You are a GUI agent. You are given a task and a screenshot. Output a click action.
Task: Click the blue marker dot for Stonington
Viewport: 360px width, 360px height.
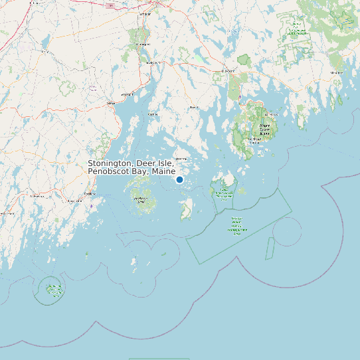[x=179, y=180]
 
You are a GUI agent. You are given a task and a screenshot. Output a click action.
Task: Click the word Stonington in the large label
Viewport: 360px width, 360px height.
[x=110, y=163]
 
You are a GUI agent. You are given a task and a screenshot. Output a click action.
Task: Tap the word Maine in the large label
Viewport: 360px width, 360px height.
[x=163, y=172]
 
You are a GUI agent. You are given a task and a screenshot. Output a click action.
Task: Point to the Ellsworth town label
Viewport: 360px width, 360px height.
[x=228, y=71]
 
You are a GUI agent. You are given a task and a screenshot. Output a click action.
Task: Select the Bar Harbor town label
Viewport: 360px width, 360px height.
[x=271, y=114]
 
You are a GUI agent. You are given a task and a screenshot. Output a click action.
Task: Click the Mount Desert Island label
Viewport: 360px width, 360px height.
[x=265, y=129]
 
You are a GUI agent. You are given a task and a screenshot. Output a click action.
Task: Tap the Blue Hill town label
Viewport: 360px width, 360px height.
[x=194, y=107]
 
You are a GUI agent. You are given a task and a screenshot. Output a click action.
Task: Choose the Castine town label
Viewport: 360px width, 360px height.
[x=153, y=114]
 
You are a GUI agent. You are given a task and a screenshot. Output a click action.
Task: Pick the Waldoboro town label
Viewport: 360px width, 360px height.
[x=37, y=197]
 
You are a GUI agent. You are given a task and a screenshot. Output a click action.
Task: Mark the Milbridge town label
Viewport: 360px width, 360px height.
[x=336, y=72]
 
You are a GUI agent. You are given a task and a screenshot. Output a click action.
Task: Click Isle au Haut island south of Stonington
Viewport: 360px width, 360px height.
[x=186, y=210]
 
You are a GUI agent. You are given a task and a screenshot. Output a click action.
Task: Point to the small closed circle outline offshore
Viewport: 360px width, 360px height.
[x=287, y=231]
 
